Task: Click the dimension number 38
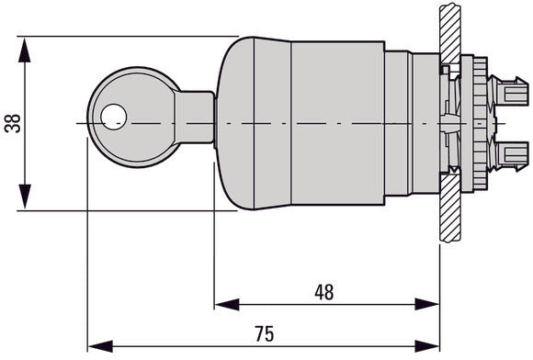pos(12,123)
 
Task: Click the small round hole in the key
pos(113,115)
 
